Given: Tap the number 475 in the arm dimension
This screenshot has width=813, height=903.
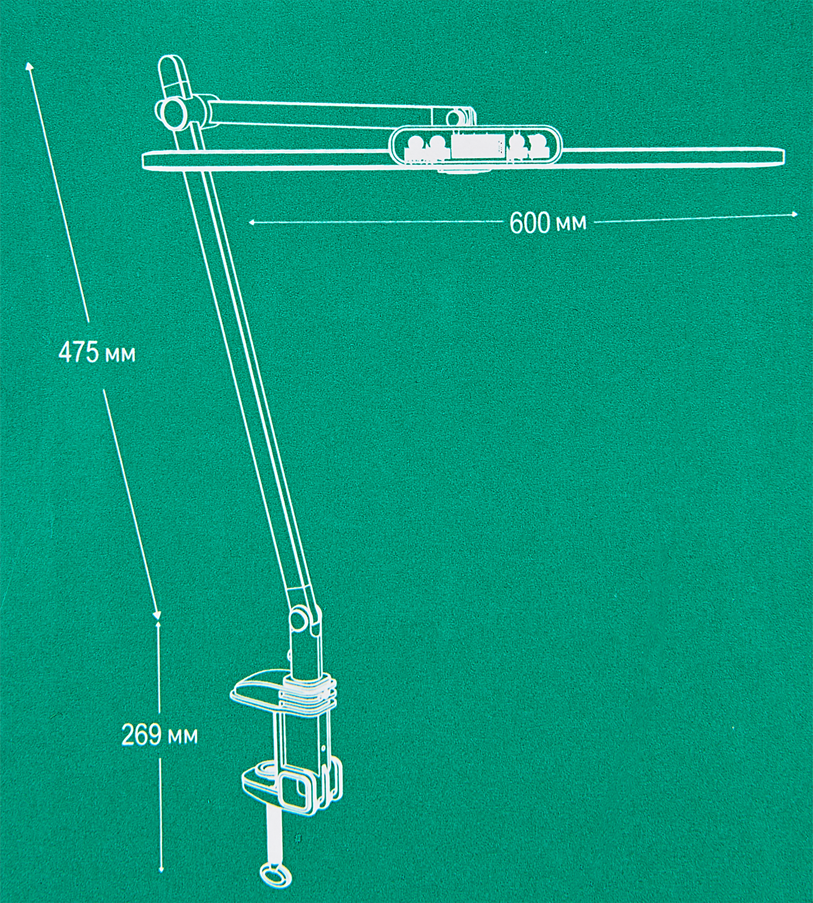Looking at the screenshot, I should (78, 353).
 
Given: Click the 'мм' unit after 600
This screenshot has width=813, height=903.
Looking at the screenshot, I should (571, 223).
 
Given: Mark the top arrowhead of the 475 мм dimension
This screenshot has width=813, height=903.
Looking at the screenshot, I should (29, 65).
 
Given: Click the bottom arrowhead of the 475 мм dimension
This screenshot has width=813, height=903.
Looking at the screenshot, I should (157, 616).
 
